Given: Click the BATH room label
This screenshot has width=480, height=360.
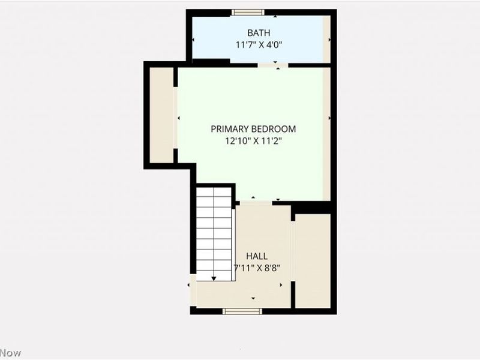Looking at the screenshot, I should point(259,32).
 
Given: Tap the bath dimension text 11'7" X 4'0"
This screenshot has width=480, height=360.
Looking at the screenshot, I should point(259,44).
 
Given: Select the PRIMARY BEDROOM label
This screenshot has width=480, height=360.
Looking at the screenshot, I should point(253,129).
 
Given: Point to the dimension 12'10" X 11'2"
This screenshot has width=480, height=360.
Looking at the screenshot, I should point(253,141).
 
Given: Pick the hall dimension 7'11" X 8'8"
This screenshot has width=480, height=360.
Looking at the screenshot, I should point(256,268).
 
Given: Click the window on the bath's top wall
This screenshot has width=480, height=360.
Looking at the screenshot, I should point(248,12).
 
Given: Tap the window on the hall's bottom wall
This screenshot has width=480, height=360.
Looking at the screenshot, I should point(242,311).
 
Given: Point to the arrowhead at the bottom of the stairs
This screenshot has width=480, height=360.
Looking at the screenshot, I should point(214,278).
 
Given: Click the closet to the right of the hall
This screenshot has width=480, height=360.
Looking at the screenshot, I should point(313,261).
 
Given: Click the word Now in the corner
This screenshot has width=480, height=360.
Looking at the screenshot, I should point(10,353).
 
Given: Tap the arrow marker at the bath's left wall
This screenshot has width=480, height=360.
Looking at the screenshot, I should point(193,40).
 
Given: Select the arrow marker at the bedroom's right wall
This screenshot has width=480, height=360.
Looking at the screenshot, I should point(329,118).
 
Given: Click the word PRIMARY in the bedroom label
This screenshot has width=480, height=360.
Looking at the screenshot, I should point(228,129).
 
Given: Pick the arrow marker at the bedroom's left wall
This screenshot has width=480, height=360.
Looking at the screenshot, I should point(179,118).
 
